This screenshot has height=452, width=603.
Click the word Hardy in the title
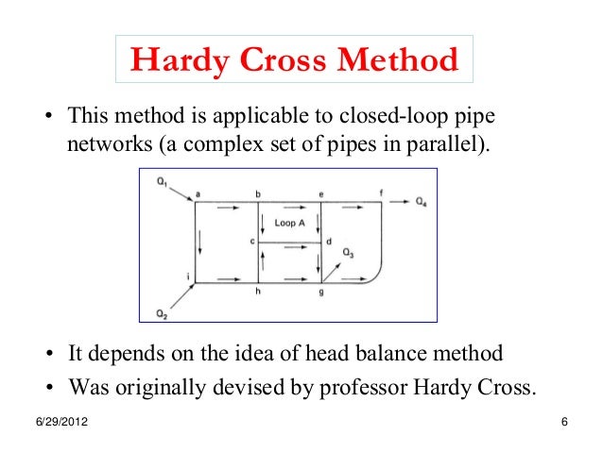(x=176, y=62)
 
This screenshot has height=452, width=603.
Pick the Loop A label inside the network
(x=289, y=224)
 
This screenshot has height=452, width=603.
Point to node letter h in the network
(x=258, y=293)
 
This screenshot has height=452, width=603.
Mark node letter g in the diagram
(x=320, y=293)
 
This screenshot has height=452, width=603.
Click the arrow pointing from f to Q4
(x=402, y=201)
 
